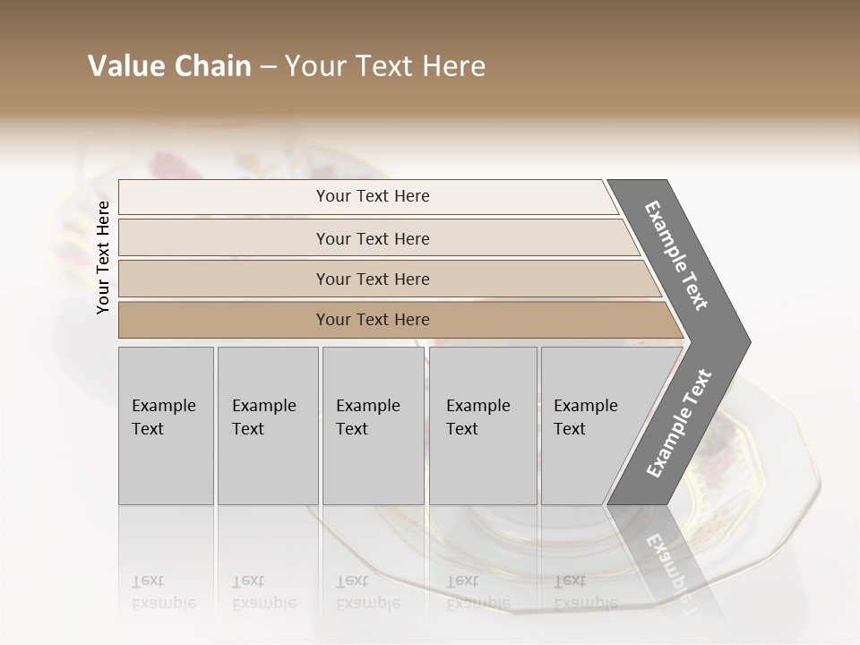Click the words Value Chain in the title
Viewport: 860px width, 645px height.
coord(169,66)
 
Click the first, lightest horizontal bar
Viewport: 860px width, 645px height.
coord(224,197)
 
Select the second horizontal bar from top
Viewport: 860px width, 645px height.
coord(224,238)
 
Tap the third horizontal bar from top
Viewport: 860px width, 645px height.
coord(224,279)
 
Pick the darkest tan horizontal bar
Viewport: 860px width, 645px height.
coord(224,320)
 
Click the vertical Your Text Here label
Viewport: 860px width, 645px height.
coord(103,257)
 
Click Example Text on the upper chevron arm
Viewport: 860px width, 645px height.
coord(676,255)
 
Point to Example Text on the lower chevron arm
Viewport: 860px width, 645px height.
coord(679,424)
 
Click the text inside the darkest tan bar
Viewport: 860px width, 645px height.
coord(373,320)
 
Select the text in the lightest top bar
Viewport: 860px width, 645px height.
coord(373,196)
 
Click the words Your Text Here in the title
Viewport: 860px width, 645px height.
coord(385,66)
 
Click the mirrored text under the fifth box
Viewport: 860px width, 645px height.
coord(585,592)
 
